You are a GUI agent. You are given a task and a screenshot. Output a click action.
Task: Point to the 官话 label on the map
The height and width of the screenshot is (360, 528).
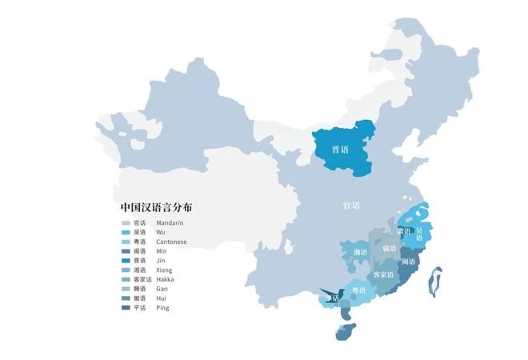pos(350,206)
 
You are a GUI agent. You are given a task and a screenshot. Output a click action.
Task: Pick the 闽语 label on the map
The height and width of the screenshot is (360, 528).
pos(408,262)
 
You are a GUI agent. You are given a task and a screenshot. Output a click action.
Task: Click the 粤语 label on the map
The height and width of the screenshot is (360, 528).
pos(360,290)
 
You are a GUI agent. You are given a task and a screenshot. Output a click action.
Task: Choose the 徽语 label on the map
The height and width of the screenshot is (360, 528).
pos(403,231)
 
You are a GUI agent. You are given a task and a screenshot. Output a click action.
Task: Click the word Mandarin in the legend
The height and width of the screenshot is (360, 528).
pos(170,223)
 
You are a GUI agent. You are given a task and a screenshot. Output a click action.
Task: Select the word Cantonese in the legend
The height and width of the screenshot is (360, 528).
pos(171,242)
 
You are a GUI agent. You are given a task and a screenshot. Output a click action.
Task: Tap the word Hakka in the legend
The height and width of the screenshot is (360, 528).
pos(166,279)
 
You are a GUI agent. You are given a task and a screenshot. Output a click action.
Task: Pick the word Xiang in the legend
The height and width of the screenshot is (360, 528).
pos(166,270)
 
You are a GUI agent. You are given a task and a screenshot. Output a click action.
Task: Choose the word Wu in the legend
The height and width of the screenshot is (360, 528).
pos(161,232)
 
